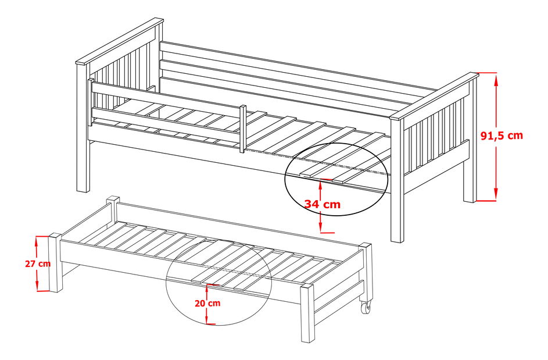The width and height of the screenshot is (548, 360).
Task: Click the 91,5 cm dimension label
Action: [502, 136]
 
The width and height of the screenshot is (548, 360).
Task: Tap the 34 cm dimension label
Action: [322, 204]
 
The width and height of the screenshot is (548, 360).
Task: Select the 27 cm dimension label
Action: [38, 263]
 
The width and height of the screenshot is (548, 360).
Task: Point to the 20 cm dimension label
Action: [207, 303]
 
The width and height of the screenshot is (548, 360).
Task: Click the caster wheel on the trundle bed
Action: [367, 308]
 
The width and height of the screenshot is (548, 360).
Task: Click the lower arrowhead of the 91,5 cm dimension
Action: [496, 194]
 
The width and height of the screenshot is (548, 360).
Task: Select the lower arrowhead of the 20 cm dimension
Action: [207, 319]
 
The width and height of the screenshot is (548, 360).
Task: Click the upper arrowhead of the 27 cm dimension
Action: [37, 241]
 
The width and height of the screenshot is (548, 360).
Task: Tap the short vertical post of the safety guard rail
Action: [242, 129]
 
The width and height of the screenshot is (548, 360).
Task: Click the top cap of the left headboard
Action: [120, 41]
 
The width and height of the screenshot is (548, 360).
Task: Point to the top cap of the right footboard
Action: [434, 95]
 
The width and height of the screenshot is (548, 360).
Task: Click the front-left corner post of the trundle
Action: [56, 262]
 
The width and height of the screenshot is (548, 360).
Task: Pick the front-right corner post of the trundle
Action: [307, 312]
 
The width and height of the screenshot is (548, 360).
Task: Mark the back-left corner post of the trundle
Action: [113, 210]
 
